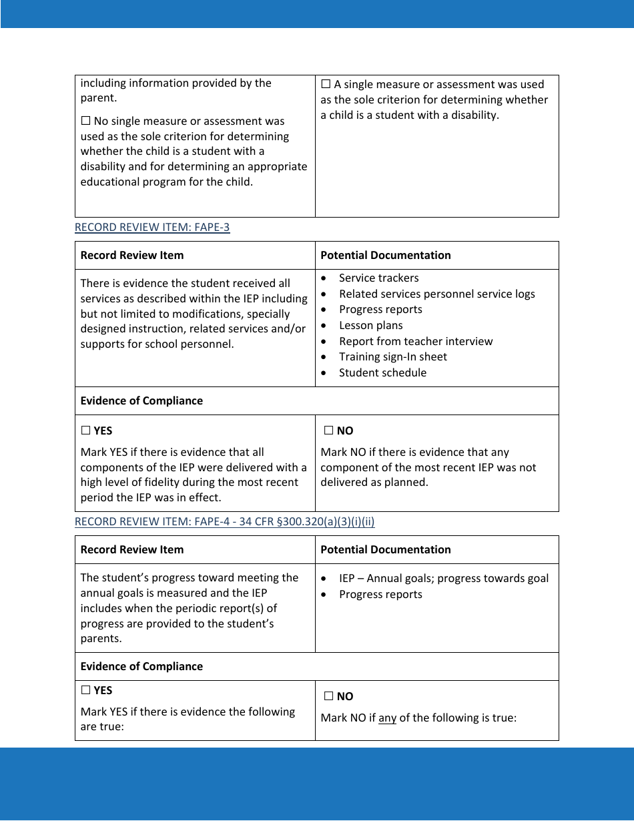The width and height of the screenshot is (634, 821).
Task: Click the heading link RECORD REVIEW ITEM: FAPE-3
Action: [x=152, y=228]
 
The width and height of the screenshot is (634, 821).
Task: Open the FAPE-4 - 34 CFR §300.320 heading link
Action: [x=224, y=522]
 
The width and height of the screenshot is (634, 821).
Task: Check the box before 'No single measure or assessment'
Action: [x=85, y=121]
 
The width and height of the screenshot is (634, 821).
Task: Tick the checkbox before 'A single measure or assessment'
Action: [x=326, y=85]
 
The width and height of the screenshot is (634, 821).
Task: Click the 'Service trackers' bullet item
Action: [x=378, y=278]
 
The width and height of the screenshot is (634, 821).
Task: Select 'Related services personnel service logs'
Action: [x=436, y=294]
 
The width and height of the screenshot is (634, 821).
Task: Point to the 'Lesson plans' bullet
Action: [x=370, y=326]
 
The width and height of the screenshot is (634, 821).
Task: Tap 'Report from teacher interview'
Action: [x=415, y=342]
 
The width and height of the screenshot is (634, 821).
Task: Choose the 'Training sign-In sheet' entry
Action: [x=392, y=357]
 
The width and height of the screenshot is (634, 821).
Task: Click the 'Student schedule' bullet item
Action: [x=382, y=373]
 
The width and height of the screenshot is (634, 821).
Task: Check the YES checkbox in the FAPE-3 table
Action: [x=85, y=431]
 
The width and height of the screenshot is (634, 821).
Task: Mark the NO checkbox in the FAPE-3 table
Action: [x=328, y=431]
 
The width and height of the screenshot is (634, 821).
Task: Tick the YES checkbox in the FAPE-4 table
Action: [x=85, y=691]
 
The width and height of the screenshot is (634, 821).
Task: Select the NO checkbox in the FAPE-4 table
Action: [x=328, y=697]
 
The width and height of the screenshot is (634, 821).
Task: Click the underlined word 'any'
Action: [x=387, y=719]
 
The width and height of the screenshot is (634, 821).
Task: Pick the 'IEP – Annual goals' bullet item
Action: [x=443, y=579]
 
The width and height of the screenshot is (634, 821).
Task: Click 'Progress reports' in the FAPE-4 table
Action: [x=380, y=595]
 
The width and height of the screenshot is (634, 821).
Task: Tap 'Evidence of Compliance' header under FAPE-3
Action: [x=141, y=401]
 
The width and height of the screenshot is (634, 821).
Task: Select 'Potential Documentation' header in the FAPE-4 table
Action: [x=385, y=550]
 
